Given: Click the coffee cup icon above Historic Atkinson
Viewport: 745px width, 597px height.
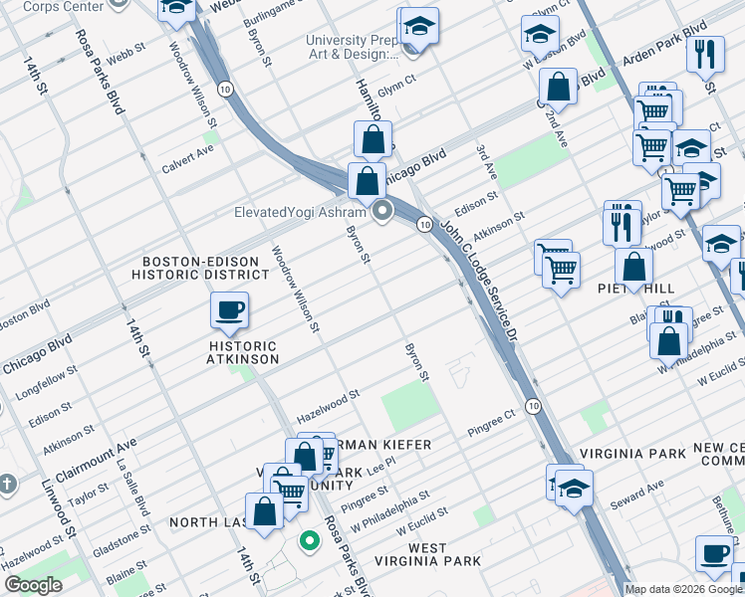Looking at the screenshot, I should (x=229, y=310).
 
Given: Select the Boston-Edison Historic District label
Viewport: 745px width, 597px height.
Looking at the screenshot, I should (x=201, y=268).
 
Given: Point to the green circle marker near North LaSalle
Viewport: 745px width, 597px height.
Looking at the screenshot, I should (x=310, y=541).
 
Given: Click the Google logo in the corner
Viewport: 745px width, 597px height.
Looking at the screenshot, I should (x=34, y=585).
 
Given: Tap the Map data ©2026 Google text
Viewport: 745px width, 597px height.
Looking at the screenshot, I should (x=683, y=589).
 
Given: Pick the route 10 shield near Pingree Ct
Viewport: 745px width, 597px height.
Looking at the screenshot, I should (x=534, y=406).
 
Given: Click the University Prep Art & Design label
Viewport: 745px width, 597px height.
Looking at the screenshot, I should (x=352, y=47).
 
